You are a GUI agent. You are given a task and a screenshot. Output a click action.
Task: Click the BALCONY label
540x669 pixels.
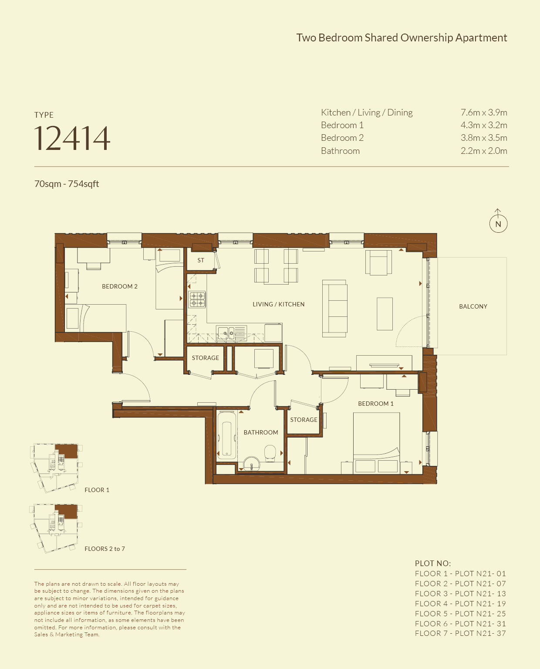[x=473, y=306]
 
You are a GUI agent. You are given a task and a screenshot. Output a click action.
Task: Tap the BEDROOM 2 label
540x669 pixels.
[x=120, y=286]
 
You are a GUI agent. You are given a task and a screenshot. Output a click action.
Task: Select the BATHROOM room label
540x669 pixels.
[x=261, y=432]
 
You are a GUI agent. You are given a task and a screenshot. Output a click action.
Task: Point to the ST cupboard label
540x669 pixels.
[x=201, y=260]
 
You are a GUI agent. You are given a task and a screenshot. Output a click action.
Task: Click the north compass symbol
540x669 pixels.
[x=498, y=221]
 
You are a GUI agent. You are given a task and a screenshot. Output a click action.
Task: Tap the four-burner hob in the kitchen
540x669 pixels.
[x=197, y=299]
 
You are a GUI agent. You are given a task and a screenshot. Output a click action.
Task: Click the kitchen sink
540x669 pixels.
[x=231, y=333]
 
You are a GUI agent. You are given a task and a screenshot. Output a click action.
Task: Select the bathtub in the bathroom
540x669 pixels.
[x=226, y=435]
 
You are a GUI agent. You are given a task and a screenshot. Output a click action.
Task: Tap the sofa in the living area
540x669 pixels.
[x=334, y=309]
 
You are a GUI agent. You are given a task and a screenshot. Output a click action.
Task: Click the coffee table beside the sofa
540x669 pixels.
[x=385, y=314]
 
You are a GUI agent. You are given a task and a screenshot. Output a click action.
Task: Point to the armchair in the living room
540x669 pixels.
[x=378, y=262]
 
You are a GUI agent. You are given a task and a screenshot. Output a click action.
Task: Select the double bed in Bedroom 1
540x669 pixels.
[x=377, y=443]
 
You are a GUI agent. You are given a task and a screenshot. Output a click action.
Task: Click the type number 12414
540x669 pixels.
[x=72, y=138]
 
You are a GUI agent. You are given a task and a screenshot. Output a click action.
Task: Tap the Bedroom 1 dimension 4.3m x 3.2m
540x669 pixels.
[x=484, y=125]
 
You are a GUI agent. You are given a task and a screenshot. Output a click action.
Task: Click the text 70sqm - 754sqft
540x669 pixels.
[x=67, y=184]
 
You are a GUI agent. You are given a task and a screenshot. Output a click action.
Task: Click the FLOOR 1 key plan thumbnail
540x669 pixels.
[x=56, y=468]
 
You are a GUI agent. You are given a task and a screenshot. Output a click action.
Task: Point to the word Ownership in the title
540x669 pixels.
[x=427, y=37]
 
